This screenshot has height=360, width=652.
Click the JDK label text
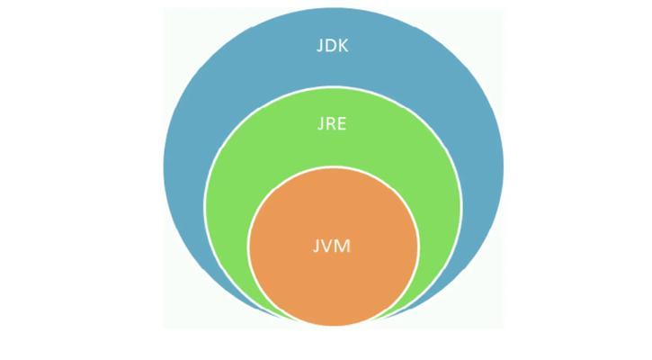[332, 45]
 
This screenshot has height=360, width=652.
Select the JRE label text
[332, 124]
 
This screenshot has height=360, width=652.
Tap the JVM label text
[332, 246]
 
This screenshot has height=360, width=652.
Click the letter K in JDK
[343, 45]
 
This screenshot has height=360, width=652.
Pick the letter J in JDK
[319, 46]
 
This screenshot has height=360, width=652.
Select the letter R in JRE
[331, 123]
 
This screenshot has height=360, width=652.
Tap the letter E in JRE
[342, 123]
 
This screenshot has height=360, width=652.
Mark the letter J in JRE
[320, 124]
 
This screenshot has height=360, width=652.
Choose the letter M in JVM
[343, 246]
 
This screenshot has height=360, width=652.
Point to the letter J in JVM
[316, 247]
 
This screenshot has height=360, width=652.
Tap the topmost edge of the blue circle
[334, 8]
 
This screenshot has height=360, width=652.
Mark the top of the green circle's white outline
[333, 86]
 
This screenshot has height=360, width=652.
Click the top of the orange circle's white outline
[333, 166]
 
